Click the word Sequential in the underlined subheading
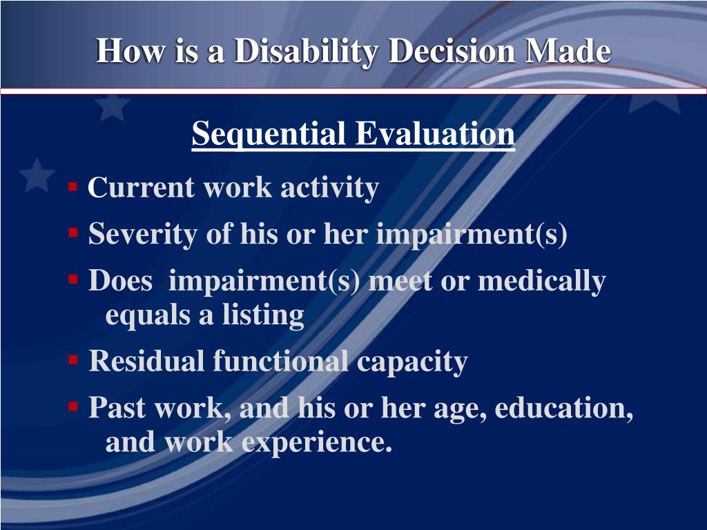(270, 134)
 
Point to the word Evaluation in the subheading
(435, 134)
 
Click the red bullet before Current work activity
(72, 187)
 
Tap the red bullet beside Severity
(72, 234)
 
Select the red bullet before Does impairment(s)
(72, 280)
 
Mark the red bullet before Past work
(72, 407)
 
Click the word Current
(142, 188)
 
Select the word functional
(280, 361)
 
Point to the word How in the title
(123, 52)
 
